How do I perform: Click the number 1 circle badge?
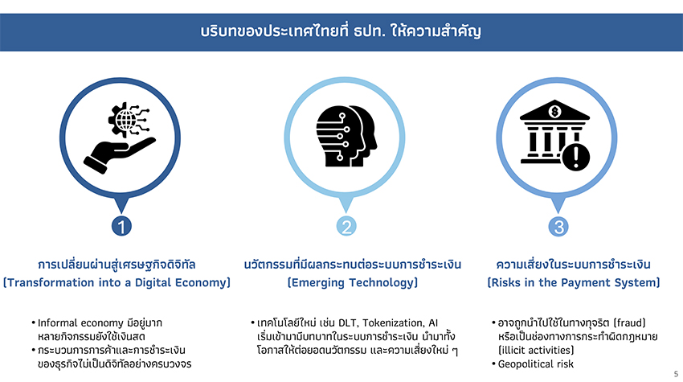point(121,226)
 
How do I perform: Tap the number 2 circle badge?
point(346,226)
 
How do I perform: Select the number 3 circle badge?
point(558,226)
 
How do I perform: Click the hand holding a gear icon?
point(120,138)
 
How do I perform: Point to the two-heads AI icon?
point(347,136)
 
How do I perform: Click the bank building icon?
point(554,132)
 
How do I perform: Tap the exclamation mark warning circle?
point(576,157)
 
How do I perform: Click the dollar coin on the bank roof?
point(554,112)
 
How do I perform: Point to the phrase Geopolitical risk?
point(536,364)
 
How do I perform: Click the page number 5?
point(676,374)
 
